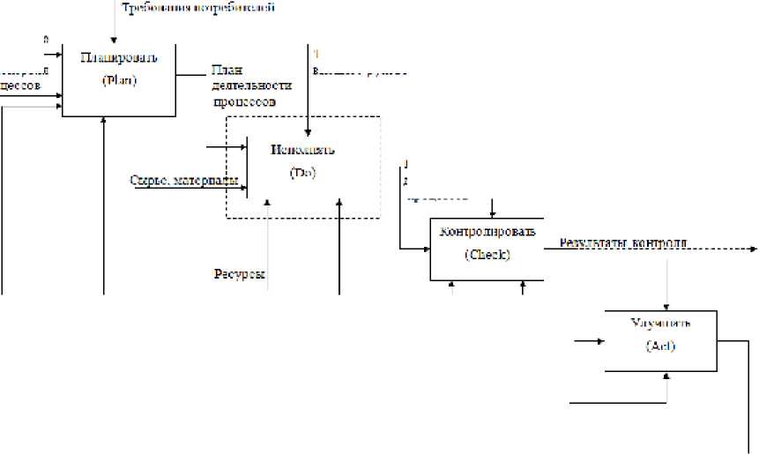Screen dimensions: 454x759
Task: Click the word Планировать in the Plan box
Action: point(119,58)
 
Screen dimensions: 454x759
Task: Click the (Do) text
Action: point(302,172)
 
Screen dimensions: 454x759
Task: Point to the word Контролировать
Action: point(487,232)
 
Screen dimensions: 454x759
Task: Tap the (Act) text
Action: point(660,346)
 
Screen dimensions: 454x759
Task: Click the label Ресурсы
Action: point(240,273)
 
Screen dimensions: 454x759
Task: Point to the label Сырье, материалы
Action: point(183,182)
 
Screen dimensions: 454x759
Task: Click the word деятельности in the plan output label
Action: point(250,86)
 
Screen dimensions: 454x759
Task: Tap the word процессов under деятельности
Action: point(246,101)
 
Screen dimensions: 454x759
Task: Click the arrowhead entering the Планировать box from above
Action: point(114,38)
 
